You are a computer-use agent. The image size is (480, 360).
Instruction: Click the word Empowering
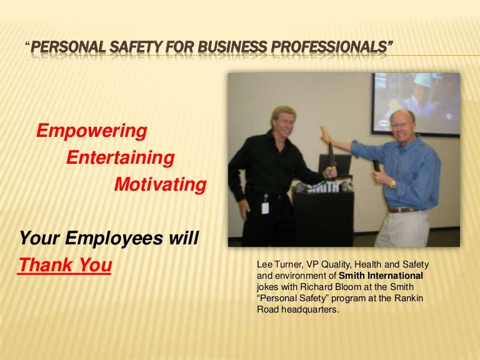pyautogui.click(x=92, y=131)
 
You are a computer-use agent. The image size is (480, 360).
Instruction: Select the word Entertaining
pyautogui.click(x=120, y=158)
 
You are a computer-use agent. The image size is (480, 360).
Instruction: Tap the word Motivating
pyautogui.click(x=160, y=185)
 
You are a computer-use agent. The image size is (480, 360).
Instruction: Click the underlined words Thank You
pyautogui.click(x=65, y=266)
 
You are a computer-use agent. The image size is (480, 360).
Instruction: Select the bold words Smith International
pyautogui.click(x=383, y=276)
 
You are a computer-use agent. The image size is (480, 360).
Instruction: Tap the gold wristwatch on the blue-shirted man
pyautogui.click(x=393, y=184)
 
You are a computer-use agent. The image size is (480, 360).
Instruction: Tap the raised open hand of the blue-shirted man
pyautogui.click(x=325, y=135)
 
